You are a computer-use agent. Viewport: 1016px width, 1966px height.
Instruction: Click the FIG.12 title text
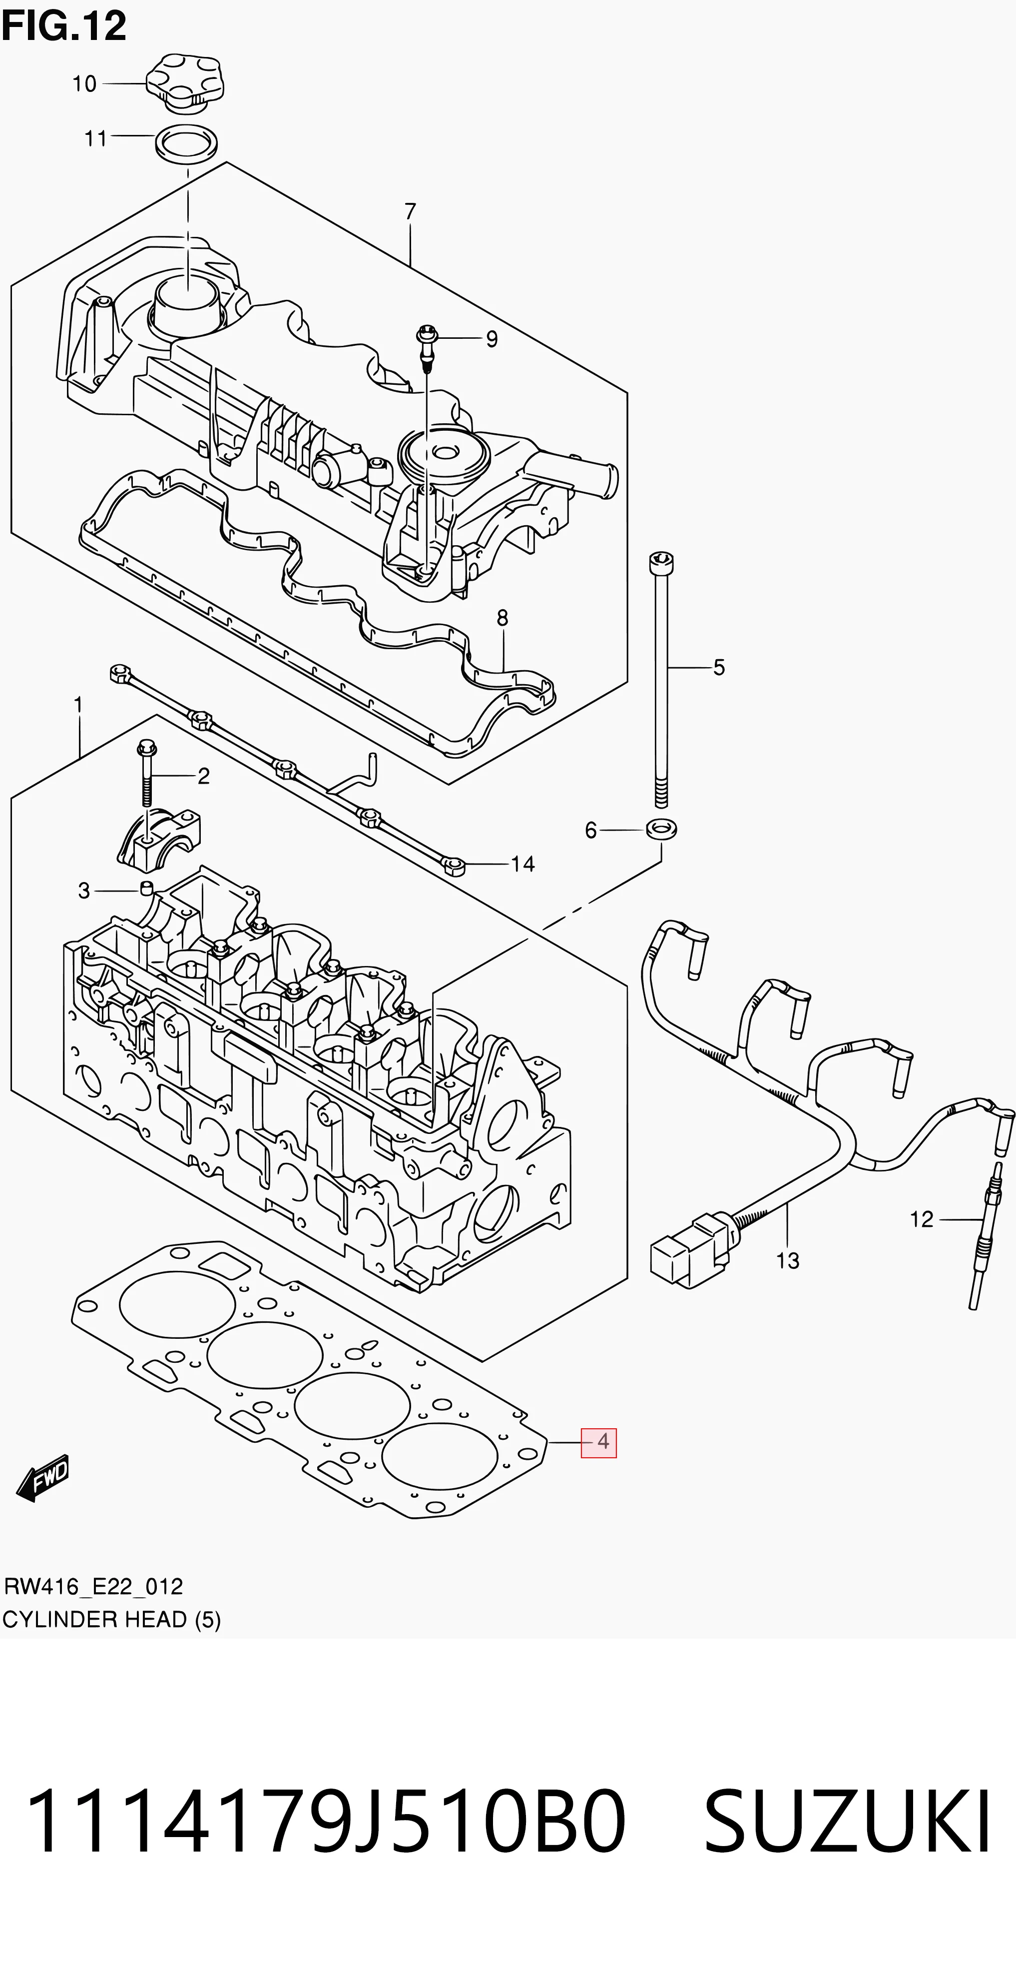pos(64,26)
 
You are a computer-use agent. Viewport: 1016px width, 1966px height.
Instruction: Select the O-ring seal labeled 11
pos(186,143)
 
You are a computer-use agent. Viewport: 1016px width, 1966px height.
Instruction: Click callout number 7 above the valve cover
pos(411,211)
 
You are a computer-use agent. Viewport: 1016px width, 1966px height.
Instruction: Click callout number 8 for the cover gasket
pos(502,617)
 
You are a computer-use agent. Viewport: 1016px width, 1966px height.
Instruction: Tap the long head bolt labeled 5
pos(661,679)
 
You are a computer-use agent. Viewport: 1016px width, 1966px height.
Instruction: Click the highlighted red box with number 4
pos(599,1442)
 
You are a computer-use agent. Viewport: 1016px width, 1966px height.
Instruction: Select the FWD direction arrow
pos(43,1478)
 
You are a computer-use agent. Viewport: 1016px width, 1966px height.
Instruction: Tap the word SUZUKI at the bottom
pos(847,1822)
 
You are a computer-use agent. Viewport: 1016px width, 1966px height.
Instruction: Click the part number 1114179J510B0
pos(326,1822)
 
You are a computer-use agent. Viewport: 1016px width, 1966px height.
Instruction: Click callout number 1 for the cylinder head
pos(78,705)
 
